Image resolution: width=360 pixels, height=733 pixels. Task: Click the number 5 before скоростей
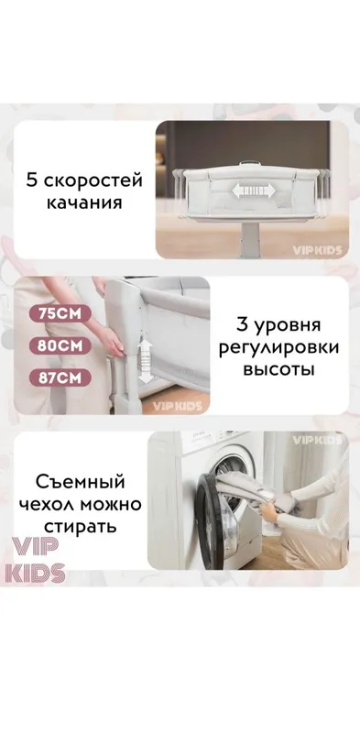click(x=32, y=181)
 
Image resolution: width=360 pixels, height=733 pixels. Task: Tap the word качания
click(x=83, y=203)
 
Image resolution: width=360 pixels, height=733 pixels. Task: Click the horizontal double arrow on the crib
click(x=254, y=191)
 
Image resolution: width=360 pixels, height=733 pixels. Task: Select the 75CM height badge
click(x=60, y=314)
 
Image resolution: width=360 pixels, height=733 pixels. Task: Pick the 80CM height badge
click(x=60, y=346)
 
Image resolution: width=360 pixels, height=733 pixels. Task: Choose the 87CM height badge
click(x=60, y=377)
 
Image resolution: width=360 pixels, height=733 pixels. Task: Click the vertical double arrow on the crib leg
click(x=146, y=361)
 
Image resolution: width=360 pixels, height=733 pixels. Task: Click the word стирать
click(x=80, y=528)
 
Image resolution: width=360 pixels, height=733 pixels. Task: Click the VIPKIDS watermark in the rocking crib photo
click(x=318, y=250)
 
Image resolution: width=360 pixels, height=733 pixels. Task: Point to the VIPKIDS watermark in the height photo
click(x=178, y=406)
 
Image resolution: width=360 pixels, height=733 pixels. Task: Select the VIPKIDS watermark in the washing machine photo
click(x=318, y=441)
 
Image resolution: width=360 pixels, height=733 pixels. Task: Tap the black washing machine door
click(x=211, y=520)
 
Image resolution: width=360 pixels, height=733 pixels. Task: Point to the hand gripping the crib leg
click(x=113, y=341)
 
